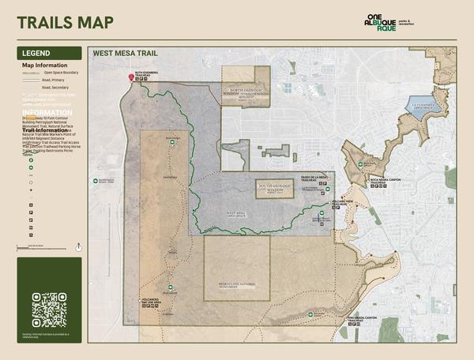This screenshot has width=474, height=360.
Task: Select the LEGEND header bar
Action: [x=49, y=53]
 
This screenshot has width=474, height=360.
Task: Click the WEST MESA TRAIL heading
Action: [x=120, y=54]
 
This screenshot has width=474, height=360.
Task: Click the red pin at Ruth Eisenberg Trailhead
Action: [x=132, y=77]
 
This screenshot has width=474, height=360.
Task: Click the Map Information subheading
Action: [x=43, y=66]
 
